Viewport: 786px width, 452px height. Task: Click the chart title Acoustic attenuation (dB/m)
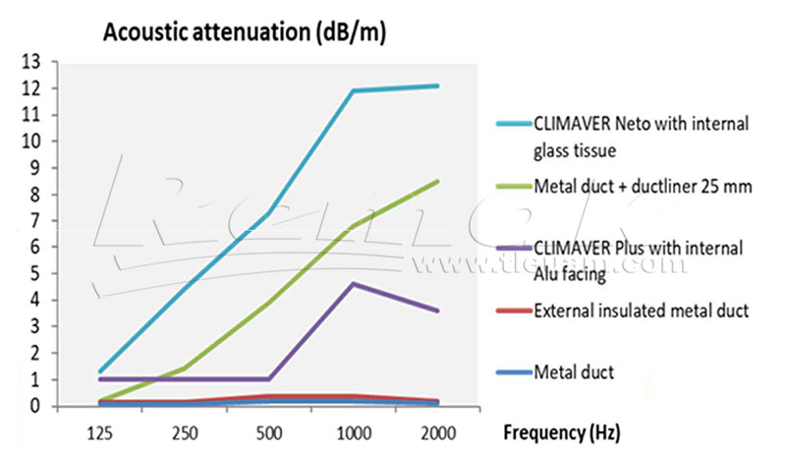245,32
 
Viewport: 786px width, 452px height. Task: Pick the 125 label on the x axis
100,430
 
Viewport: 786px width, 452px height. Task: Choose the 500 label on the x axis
269,430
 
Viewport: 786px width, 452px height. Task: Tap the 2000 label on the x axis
438,430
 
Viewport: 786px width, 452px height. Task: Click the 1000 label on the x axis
354,430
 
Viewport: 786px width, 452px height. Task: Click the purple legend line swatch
514,248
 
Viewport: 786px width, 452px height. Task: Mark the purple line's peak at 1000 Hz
354,284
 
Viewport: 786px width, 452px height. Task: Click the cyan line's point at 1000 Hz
354,91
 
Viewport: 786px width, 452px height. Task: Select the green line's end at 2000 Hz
438,181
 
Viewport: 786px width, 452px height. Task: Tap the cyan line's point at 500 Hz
269,212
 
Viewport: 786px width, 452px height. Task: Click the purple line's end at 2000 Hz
438,311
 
